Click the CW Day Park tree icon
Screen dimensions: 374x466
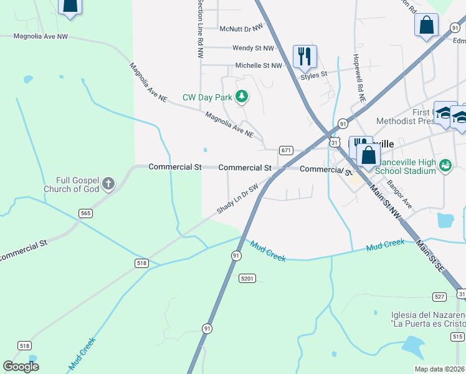(242, 97)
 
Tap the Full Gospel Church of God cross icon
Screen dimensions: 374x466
(108, 183)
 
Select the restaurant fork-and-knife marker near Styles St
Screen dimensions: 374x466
(305, 56)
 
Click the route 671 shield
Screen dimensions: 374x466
(286, 150)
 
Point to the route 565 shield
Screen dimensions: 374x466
(87, 213)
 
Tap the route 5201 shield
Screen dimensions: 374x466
(247, 278)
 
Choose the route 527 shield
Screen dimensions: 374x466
(440, 296)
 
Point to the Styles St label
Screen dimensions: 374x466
(314, 75)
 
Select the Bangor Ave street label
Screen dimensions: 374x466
(399, 194)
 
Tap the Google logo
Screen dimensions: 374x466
(21, 367)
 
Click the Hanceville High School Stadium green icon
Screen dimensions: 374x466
(445, 165)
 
